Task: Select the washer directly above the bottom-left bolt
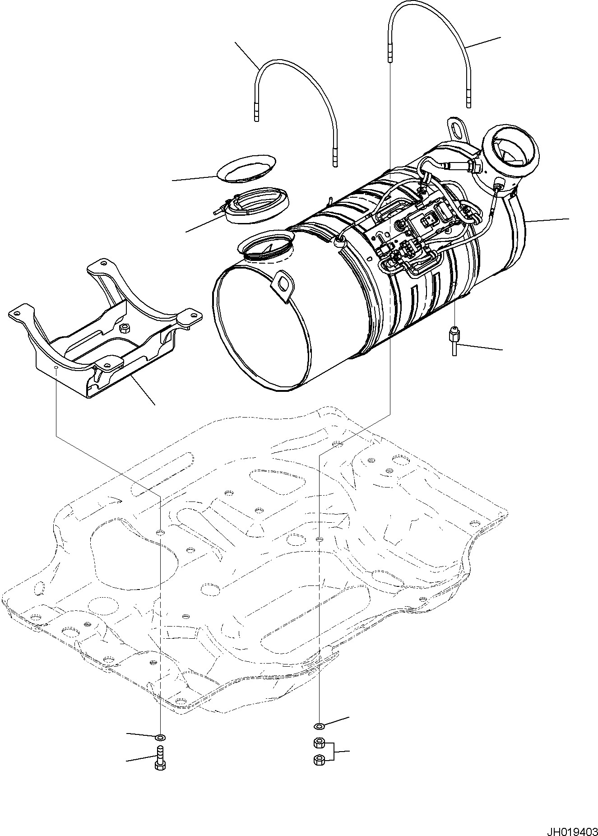pyautogui.click(x=160, y=738)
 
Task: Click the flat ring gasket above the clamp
pyautogui.click(x=247, y=167)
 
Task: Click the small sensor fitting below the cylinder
pyautogui.click(x=454, y=342)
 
